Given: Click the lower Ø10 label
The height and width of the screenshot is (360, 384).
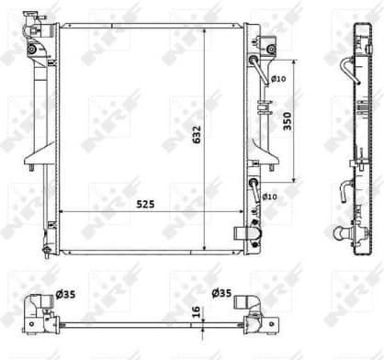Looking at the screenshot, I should click(270, 197).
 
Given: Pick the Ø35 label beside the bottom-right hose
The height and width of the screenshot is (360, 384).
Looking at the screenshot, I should click(220, 295).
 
